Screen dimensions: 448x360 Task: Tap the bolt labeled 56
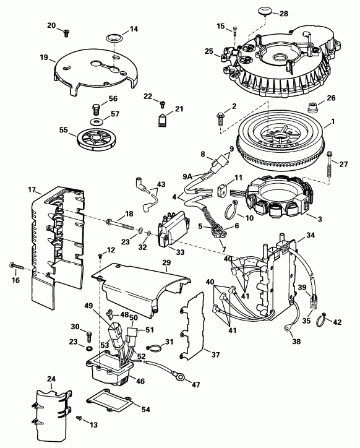point(95,108)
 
